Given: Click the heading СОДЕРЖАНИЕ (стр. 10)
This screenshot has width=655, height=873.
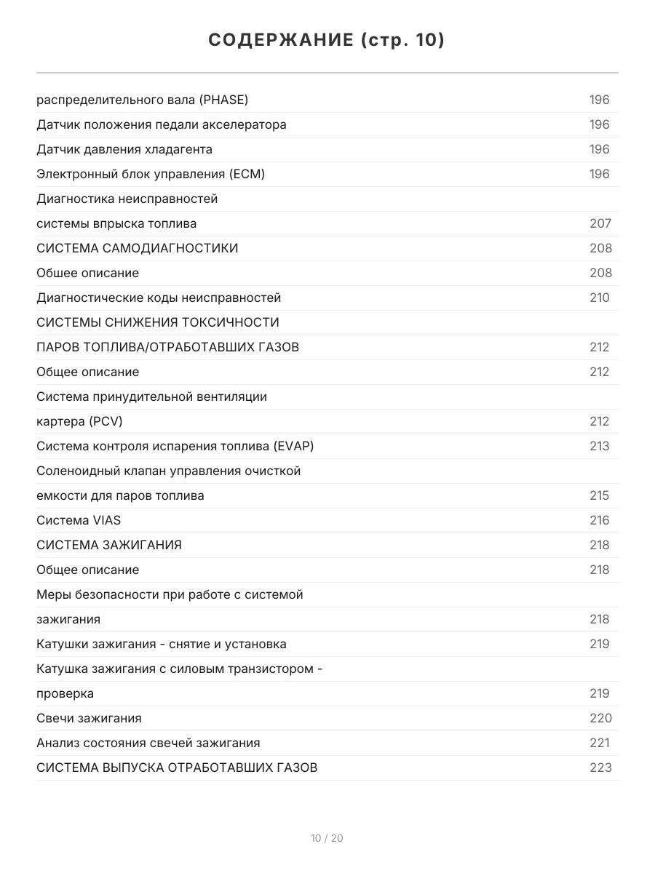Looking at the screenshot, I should coord(327,40).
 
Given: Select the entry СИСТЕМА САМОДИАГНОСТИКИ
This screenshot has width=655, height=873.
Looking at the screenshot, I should coord(138,248).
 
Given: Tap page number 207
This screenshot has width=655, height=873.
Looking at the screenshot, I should coord(600,223).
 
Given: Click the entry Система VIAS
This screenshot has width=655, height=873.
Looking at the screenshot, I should coord(79,520).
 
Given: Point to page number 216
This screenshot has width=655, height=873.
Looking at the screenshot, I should coord(600,520).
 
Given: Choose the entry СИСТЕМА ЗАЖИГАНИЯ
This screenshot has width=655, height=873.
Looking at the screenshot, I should coord(109,545).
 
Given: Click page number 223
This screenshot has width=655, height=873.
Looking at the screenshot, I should coord(600,768).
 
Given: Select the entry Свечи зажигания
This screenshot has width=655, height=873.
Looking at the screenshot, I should coord(89,718).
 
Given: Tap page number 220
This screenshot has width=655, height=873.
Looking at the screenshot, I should coord(600,718).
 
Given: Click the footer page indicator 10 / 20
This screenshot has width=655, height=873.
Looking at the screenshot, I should coord(327,838).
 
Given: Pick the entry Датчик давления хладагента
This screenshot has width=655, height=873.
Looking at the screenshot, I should coord(124,149).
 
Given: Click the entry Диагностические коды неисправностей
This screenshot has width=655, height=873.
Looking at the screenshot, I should coord(159,298).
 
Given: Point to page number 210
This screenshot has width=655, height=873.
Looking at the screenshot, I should coord(600,298).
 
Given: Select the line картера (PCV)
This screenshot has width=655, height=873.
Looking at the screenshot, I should coord(79,421).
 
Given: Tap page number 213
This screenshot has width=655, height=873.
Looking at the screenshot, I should coord(600,446).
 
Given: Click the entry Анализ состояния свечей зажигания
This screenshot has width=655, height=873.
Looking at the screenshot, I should coord(148,743).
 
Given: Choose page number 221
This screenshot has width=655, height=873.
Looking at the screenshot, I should coord(600,743).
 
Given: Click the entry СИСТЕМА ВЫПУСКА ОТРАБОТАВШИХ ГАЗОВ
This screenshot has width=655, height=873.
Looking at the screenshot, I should coord(177,768).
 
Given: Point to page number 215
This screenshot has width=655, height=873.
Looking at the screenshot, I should coord(600,495).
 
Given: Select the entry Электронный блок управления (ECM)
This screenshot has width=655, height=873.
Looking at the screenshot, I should coord(151,174).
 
